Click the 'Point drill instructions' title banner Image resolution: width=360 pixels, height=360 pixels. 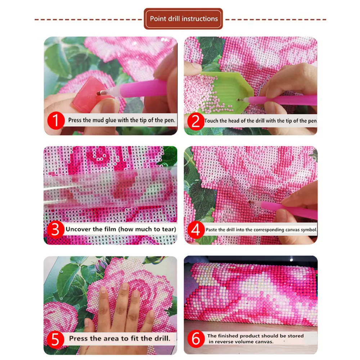pyautogui.click(x=184, y=19)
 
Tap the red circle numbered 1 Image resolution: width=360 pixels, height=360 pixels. pyautogui.click(x=56, y=120)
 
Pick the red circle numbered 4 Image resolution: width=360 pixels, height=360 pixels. pyautogui.click(x=195, y=229)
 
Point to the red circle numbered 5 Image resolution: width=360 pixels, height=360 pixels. pyautogui.click(x=56, y=338)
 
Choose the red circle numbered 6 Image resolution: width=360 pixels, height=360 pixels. pyautogui.click(x=195, y=338)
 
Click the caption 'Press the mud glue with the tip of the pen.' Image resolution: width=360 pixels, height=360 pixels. pyautogui.click(x=122, y=120)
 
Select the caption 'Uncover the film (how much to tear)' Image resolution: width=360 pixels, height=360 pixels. pyautogui.click(x=121, y=229)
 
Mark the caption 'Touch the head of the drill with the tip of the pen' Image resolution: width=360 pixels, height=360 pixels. pyautogui.click(x=260, y=121)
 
